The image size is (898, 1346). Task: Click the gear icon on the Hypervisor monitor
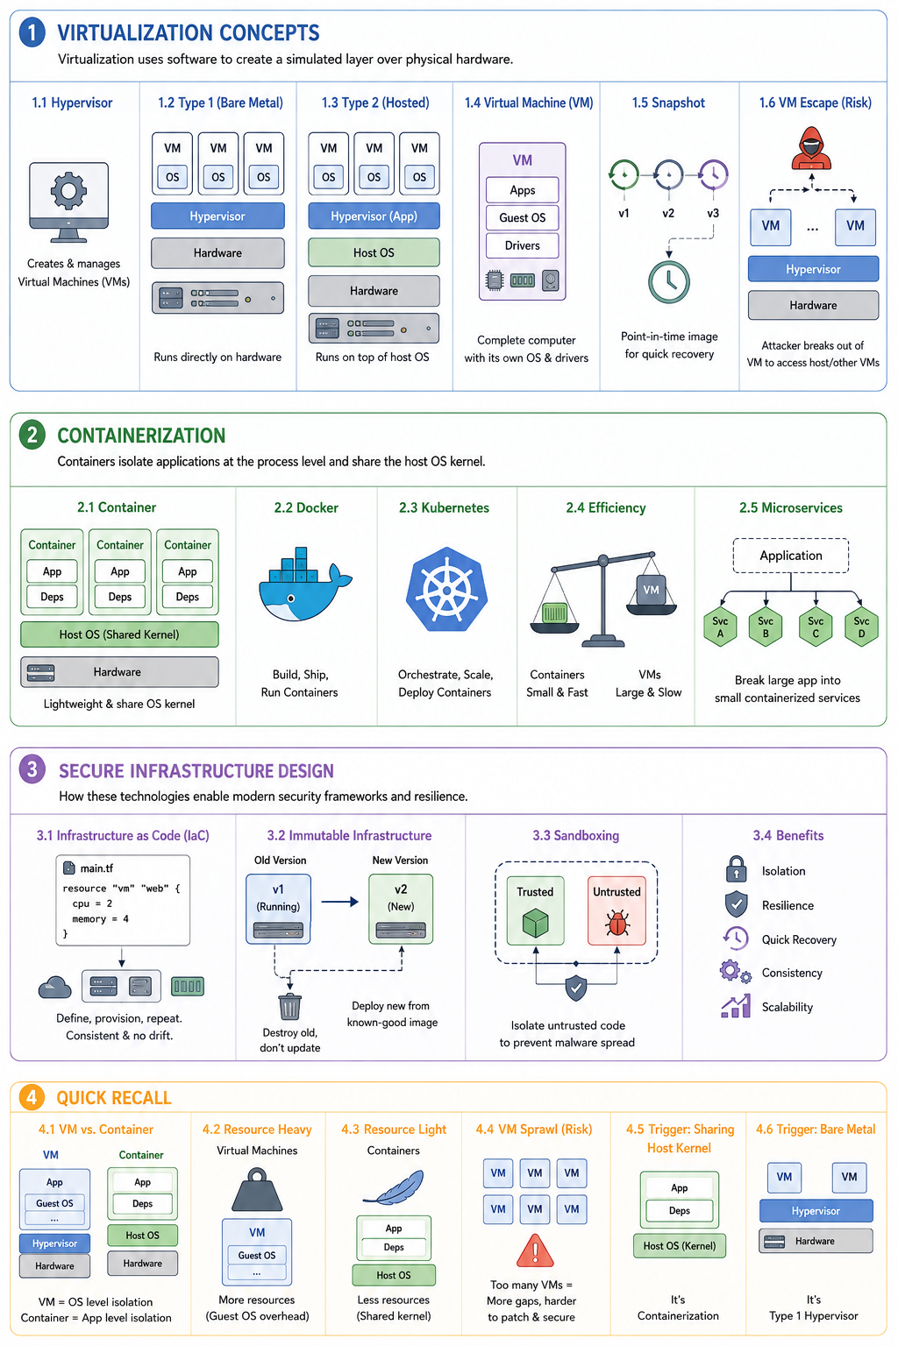pos(68,190)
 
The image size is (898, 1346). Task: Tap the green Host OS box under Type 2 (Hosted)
pos(374,253)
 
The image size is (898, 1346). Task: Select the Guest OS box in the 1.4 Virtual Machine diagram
pos(522,217)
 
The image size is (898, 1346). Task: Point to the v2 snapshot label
pos(668,213)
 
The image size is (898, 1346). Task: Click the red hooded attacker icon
pos(811,148)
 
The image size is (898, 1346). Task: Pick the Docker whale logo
pos(305,584)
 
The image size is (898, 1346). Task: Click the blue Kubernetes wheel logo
pos(446,589)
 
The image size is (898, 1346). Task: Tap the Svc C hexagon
pos(816,627)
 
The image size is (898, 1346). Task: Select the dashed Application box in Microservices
pos(790,556)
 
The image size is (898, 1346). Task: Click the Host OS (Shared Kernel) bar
pos(119,634)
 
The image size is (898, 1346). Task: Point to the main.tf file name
pos(96,868)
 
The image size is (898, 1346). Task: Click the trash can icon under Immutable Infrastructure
pos(290,1006)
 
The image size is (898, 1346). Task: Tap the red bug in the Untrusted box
pos(616,923)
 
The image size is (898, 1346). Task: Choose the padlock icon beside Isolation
pos(737,869)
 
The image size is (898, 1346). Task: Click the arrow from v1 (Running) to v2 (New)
pos(340,902)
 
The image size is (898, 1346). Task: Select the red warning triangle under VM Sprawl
pos(535,1251)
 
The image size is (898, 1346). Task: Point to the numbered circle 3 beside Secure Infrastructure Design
pos(32,769)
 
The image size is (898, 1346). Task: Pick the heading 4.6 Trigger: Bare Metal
pos(816,1129)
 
